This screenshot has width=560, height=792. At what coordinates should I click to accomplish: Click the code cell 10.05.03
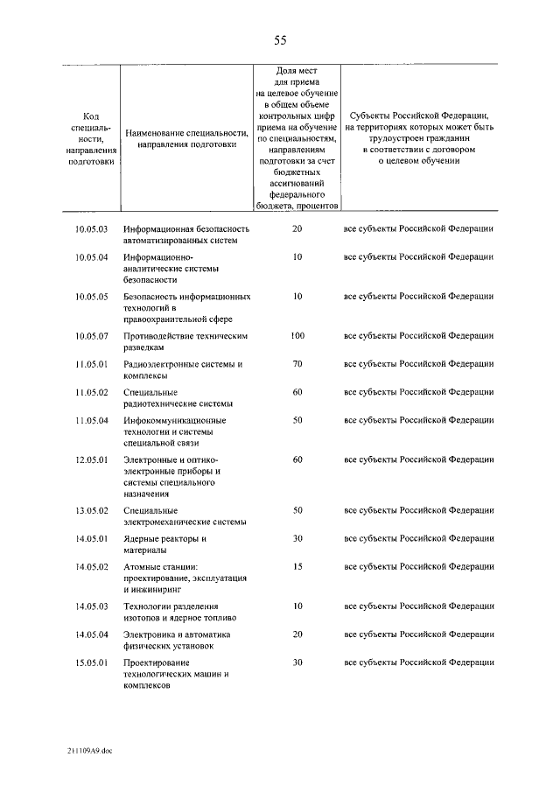tap(91, 228)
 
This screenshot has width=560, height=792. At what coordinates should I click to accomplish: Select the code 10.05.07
tap(91, 336)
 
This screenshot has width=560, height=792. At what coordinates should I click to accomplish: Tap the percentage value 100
tap(297, 336)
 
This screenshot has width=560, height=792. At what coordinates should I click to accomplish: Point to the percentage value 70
tap(297, 363)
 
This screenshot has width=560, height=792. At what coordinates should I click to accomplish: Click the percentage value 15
tap(297, 567)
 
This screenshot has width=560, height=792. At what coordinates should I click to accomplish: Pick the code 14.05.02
tap(91, 567)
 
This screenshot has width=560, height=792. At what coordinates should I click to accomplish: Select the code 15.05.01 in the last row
tap(91, 662)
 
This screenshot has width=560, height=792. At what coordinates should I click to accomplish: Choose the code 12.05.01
tap(91, 459)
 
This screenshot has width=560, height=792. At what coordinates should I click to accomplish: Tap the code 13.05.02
tap(91, 510)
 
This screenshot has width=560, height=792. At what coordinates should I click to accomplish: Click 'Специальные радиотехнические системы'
tap(178, 397)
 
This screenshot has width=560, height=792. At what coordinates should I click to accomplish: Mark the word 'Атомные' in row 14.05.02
tap(143, 567)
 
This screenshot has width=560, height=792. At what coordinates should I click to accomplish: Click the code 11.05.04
tap(91, 420)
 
